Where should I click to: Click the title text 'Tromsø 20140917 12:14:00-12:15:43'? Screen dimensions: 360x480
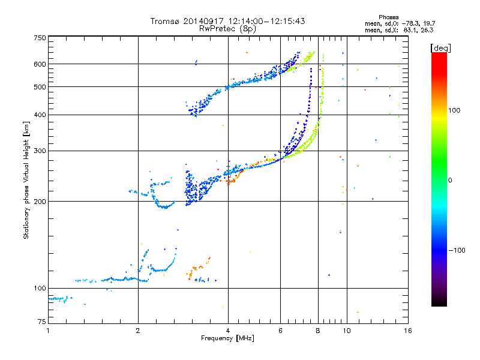(x=227, y=21)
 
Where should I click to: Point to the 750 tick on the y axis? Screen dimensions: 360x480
(x=40, y=37)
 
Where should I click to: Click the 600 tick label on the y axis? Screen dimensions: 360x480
(x=40, y=64)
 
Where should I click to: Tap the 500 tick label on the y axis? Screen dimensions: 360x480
(x=40, y=86)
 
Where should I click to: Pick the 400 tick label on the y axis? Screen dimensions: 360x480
(x=40, y=115)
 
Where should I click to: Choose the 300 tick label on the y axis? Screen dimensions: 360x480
(x=40, y=151)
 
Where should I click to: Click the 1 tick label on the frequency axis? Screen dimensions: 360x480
(x=48, y=331)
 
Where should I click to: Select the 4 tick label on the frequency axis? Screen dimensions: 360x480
(x=228, y=331)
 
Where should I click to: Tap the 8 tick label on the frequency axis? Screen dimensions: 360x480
(x=318, y=331)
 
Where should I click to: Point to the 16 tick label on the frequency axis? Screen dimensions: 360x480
(x=407, y=331)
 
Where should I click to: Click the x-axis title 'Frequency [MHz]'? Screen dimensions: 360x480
(x=227, y=338)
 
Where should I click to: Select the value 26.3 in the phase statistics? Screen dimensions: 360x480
(x=427, y=29)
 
